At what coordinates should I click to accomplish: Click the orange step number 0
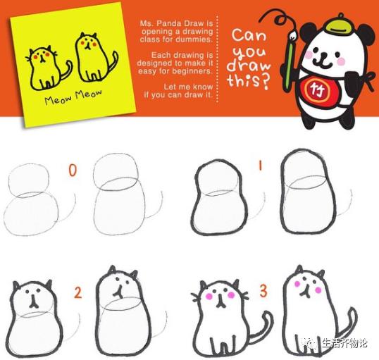(x=73, y=170)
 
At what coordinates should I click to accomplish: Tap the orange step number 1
(x=261, y=166)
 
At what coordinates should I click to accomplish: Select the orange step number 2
(x=77, y=292)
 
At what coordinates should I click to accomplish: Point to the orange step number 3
(x=263, y=291)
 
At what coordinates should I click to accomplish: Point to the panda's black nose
(x=323, y=55)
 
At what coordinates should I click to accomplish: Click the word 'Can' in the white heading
(x=249, y=35)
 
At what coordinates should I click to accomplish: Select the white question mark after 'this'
(x=266, y=82)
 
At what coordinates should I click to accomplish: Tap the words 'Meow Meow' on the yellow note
(x=73, y=97)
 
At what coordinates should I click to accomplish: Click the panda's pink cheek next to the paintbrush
(x=308, y=55)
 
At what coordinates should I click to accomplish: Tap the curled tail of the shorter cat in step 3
(x=263, y=325)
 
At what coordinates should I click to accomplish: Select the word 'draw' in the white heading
(x=249, y=66)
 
